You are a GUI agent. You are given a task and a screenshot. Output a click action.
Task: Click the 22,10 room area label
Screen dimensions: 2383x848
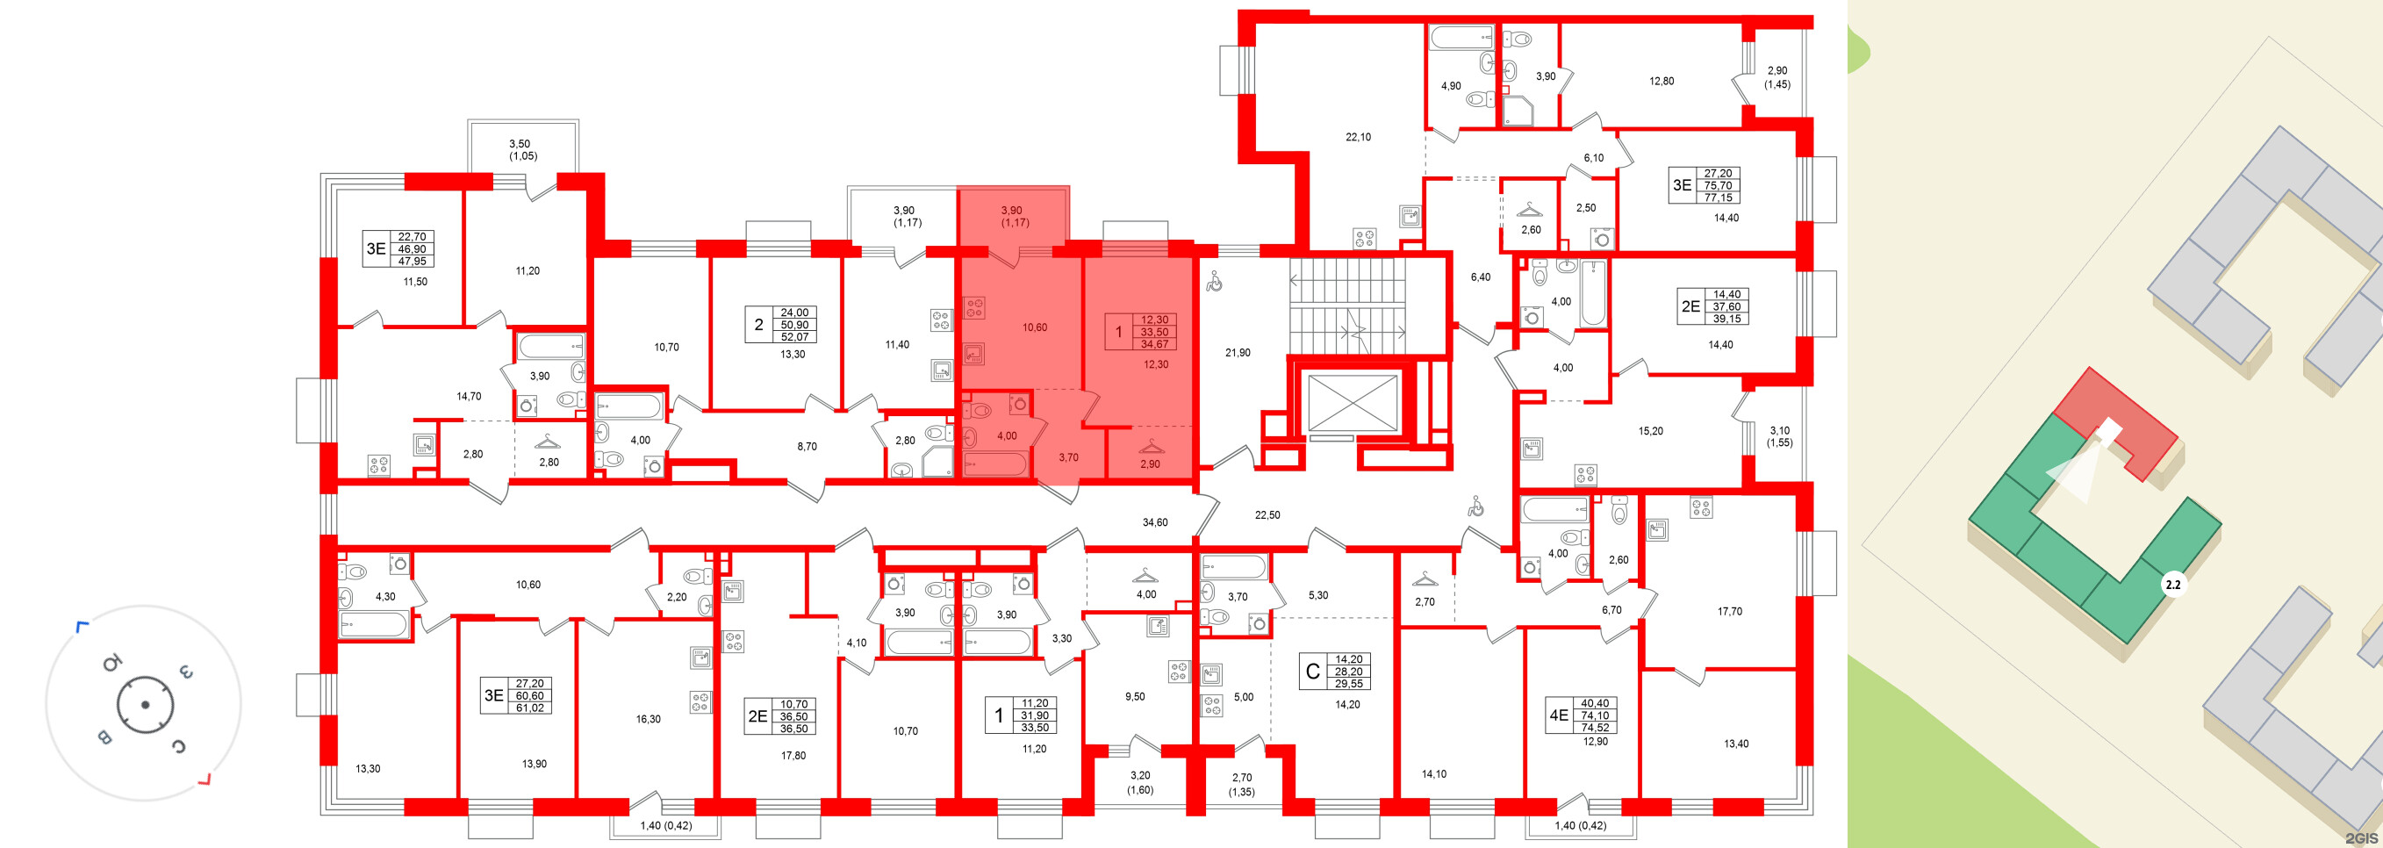point(1358,137)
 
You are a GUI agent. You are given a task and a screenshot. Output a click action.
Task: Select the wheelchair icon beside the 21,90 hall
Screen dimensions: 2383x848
point(1215,281)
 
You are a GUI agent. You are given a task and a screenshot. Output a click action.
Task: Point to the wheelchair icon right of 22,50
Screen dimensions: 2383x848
point(1476,506)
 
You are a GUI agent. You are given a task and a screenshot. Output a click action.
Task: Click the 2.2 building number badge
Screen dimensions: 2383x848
point(2172,585)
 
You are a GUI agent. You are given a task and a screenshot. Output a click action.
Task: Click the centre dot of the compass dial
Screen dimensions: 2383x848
point(144,705)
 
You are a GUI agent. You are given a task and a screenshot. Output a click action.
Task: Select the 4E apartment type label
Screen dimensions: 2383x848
point(1558,715)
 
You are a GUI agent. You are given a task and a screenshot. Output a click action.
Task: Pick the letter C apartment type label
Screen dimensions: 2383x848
point(1312,672)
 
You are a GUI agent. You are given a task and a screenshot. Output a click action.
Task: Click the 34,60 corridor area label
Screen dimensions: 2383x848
point(1154,522)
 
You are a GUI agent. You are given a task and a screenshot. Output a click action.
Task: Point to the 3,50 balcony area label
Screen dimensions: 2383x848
point(520,144)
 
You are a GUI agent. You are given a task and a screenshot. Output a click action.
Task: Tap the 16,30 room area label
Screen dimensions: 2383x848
point(649,719)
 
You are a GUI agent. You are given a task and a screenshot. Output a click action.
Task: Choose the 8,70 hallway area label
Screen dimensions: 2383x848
point(807,446)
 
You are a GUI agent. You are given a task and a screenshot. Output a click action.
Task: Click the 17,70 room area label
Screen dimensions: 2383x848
point(1729,611)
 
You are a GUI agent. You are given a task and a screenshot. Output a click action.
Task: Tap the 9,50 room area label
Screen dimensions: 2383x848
point(1134,696)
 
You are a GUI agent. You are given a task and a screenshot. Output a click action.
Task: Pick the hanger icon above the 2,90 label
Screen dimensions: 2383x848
point(1149,448)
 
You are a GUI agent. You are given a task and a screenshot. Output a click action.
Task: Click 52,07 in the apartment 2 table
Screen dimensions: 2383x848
point(793,336)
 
